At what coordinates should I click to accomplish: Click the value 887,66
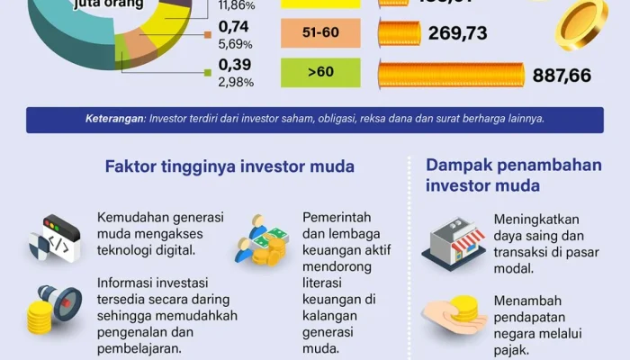point(562,76)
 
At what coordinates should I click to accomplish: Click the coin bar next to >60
point(451,75)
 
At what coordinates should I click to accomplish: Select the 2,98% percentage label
point(236,82)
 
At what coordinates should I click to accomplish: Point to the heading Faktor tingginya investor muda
point(229,166)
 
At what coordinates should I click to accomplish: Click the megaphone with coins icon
point(53,308)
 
